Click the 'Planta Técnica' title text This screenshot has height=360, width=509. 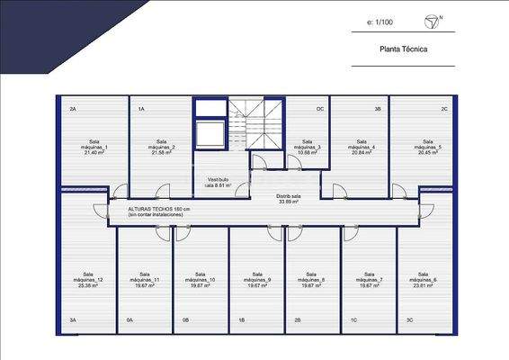pyautogui.click(x=403, y=50)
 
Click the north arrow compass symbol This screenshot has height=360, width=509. pyautogui.click(x=429, y=20)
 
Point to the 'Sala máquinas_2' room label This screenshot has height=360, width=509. pyautogui.click(x=162, y=147)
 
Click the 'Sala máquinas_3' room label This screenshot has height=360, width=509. pyautogui.click(x=307, y=147)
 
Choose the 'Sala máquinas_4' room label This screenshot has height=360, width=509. pyautogui.click(x=361, y=147)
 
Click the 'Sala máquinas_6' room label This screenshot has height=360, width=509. pyautogui.click(x=422, y=280)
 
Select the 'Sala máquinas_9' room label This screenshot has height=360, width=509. pyautogui.click(x=257, y=280)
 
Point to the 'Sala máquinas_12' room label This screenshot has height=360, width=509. pyautogui.click(x=87, y=280)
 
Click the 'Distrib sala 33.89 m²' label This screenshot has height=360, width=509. pyautogui.click(x=288, y=199)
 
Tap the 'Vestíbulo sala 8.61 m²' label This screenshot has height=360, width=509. pyautogui.click(x=219, y=182)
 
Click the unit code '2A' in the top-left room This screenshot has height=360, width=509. pyautogui.click(x=73, y=109)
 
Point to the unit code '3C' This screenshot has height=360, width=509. pyautogui.click(x=409, y=319)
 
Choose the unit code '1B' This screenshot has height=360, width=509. pyautogui.click(x=241, y=319)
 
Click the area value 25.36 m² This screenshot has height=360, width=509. pyautogui.click(x=88, y=285)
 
